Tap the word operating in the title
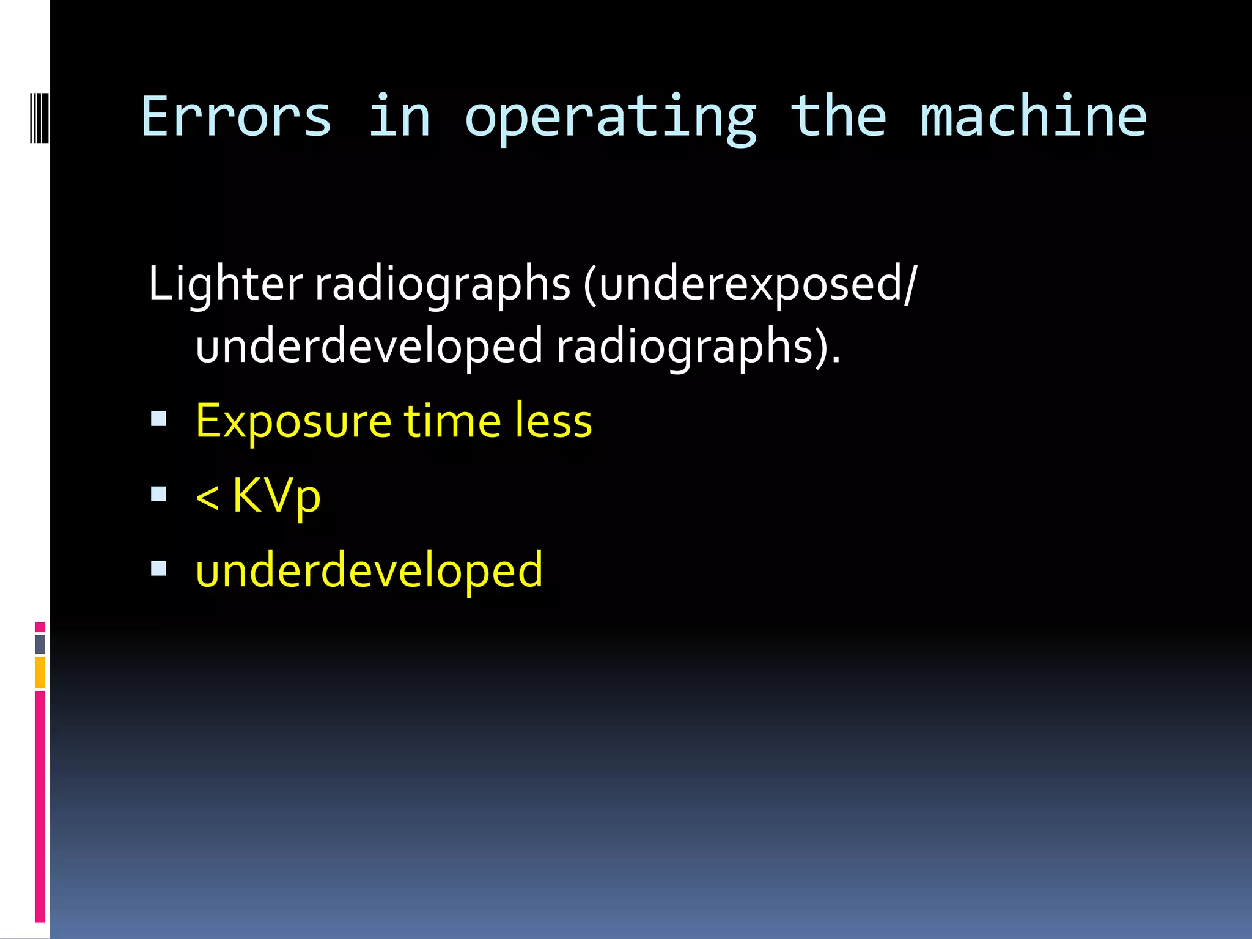pyautogui.click(x=610, y=119)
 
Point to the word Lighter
pyautogui.click(x=225, y=284)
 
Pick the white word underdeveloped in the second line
pyautogui.click(x=369, y=346)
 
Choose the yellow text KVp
pyautogui.click(x=276, y=496)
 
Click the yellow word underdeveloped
pyautogui.click(x=369, y=570)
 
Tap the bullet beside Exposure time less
pyautogui.click(x=158, y=419)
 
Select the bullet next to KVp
pyautogui.click(x=158, y=494)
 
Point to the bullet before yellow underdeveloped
pyautogui.click(x=158, y=569)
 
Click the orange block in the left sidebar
pyautogui.click(x=40, y=672)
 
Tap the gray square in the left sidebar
pyautogui.click(x=40, y=644)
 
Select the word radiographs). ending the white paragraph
pyautogui.click(x=698, y=346)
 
